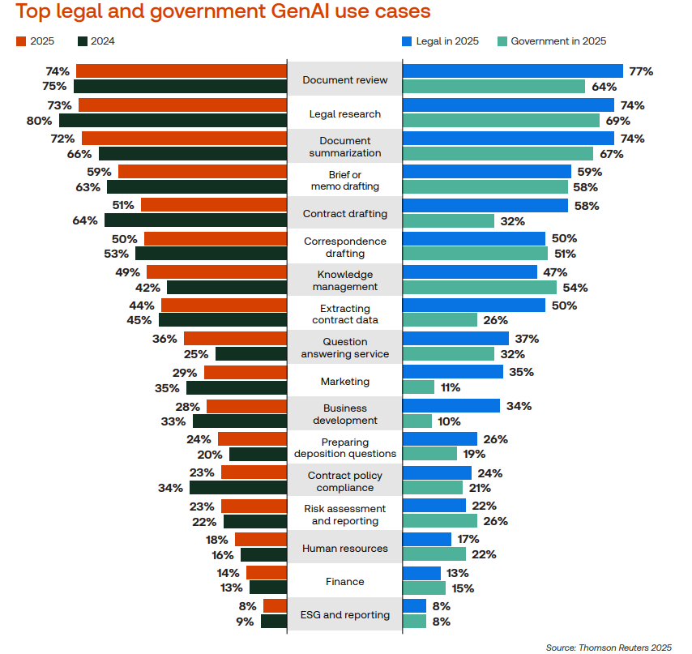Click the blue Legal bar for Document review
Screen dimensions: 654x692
[x=512, y=71]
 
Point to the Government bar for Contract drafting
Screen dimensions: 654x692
[x=448, y=220]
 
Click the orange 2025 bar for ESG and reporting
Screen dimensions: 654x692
[x=275, y=606]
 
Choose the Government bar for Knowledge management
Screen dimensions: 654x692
[x=480, y=288]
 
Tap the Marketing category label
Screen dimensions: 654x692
[x=345, y=382]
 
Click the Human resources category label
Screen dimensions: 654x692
[x=345, y=549]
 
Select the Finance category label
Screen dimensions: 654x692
[x=345, y=582]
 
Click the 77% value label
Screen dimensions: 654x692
[x=641, y=71]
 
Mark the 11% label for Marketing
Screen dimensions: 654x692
[x=450, y=388]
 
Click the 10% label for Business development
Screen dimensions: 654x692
[x=448, y=421]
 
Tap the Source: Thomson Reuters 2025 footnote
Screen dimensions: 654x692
[x=609, y=647]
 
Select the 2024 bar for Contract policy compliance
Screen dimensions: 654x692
[x=238, y=488]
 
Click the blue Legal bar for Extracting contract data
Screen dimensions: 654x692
[x=474, y=305]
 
